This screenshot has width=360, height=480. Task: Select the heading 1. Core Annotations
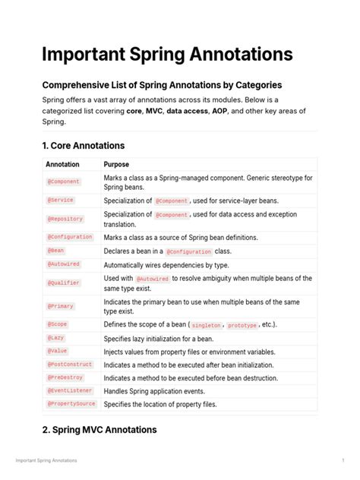pyautogui.click(x=84, y=145)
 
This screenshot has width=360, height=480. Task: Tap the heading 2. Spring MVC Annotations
pyautogui.click(x=99, y=430)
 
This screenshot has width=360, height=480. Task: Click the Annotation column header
pyautogui.click(x=62, y=164)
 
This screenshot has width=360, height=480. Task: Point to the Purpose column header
pyautogui.click(x=116, y=164)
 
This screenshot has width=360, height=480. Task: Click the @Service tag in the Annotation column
pyautogui.click(x=61, y=201)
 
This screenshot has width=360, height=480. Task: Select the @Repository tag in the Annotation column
pyautogui.click(x=65, y=219)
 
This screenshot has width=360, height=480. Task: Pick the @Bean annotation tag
pyautogui.click(x=56, y=250)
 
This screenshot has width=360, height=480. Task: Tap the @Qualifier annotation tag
pyautogui.click(x=64, y=283)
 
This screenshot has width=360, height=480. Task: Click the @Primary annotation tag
pyautogui.click(x=62, y=306)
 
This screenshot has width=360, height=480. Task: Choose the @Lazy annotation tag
pyautogui.click(x=57, y=337)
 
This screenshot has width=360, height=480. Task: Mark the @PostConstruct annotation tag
pyautogui.click(x=69, y=365)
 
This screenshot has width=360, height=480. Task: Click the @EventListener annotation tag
pyautogui.click(x=69, y=391)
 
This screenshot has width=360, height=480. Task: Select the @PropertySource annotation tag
pyautogui.click(x=71, y=404)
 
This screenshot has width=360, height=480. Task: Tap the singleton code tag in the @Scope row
pyautogui.click(x=204, y=325)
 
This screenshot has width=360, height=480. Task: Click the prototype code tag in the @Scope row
pyautogui.click(x=242, y=325)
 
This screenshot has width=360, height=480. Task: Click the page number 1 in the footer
pyautogui.click(x=343, y=460)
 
